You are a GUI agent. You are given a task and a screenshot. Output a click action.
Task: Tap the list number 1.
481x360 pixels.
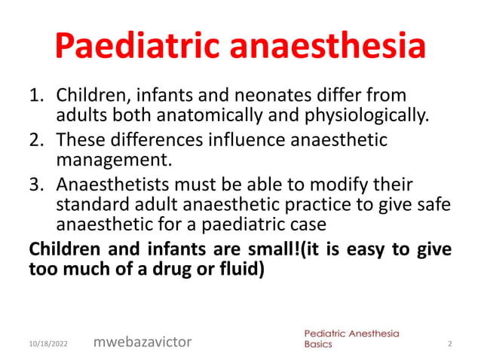tap(35, 96)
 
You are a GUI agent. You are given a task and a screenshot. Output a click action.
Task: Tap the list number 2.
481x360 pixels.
tap(35, 140)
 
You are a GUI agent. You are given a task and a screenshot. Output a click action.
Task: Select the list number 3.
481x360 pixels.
tap(35, 185)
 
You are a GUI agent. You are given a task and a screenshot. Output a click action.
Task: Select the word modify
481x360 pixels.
tap(334, 185)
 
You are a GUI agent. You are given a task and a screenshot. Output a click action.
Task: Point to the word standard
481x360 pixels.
tap(92, 204)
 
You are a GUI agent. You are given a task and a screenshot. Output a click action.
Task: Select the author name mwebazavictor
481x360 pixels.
tap(142, 342)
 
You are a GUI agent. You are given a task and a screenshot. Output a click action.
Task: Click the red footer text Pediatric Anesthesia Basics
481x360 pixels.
tap(351, 337)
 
